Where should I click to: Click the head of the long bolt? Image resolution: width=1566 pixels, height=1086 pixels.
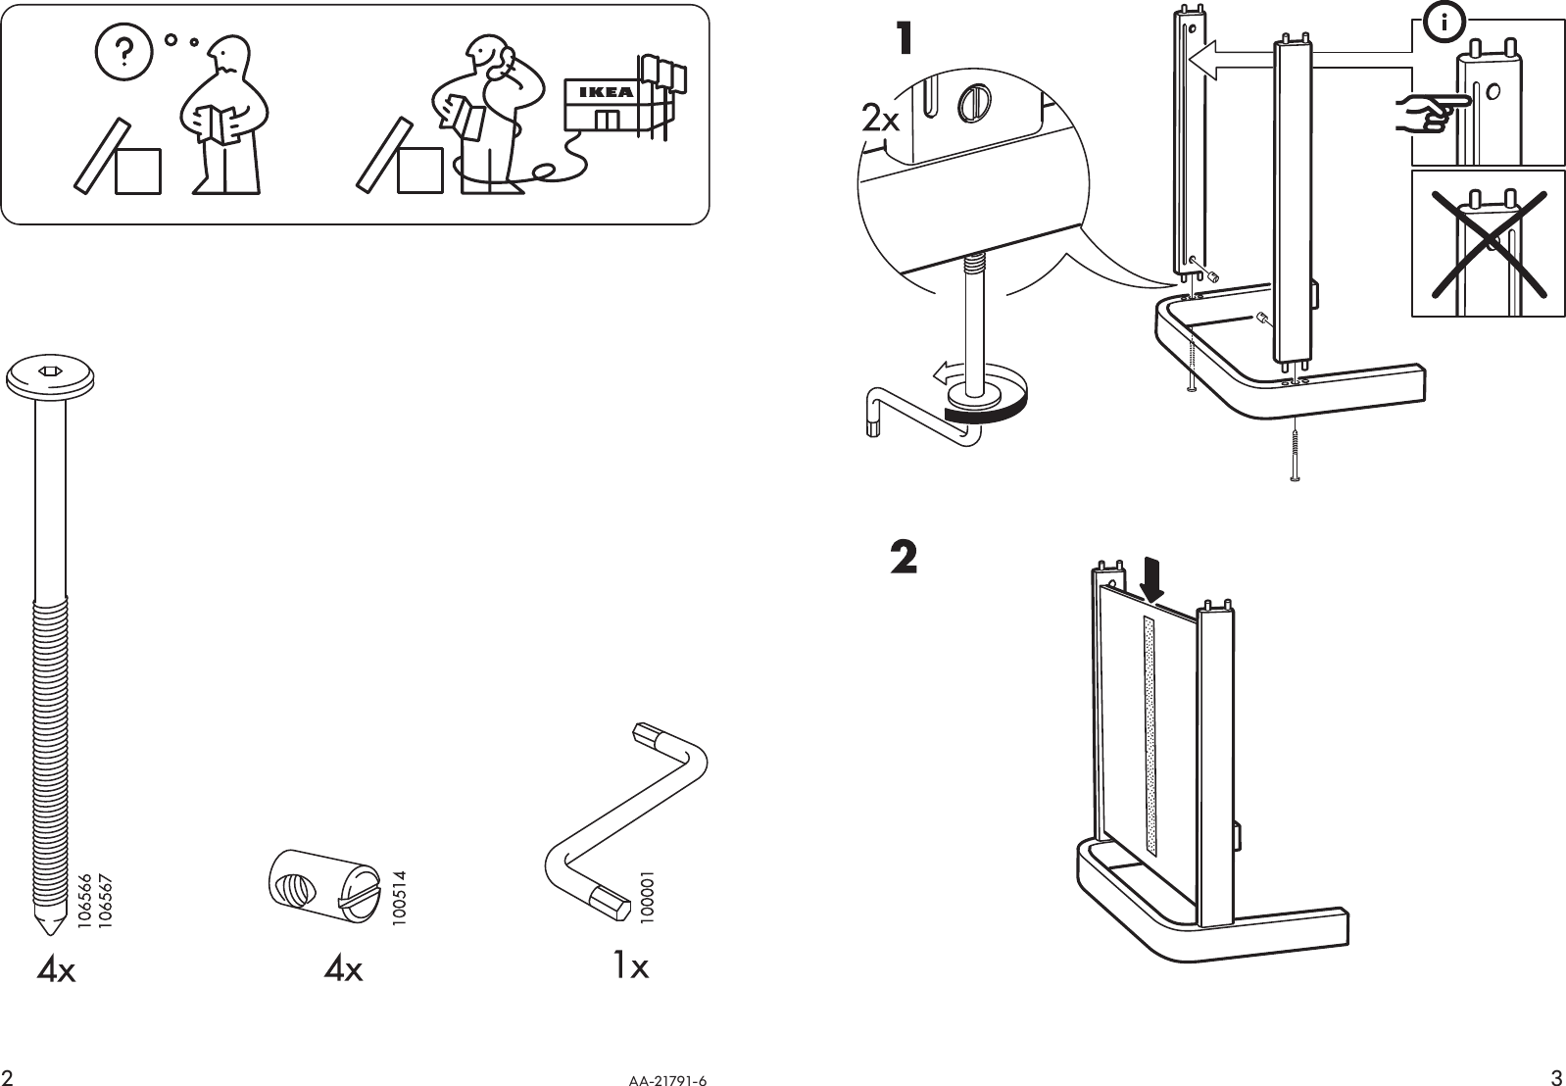(51, 376)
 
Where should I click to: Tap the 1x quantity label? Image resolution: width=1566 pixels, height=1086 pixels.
(630, 966)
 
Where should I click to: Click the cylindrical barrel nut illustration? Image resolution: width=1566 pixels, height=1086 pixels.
(321, 888)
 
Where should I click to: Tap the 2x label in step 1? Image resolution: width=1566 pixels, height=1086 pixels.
(880, 121)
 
